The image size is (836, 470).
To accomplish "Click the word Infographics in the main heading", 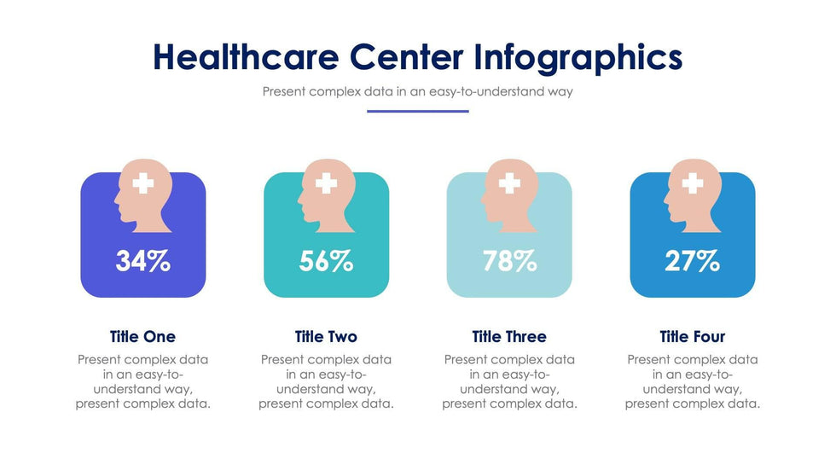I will [578, 57].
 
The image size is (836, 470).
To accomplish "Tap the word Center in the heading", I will [406, 57].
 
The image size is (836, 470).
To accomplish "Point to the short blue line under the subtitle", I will [418, 112].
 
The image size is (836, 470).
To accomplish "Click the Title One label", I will [142, 337].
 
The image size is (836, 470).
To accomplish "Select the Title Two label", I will [326, 337].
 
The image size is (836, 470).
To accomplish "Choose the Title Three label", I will [509, 337].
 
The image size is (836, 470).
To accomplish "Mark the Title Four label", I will [692, 337].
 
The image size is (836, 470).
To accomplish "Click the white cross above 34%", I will [142, 183].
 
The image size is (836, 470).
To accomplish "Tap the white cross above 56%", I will [326, 183].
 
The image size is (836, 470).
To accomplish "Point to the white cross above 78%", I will [509, 183].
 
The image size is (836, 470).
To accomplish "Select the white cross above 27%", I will [693, 183].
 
